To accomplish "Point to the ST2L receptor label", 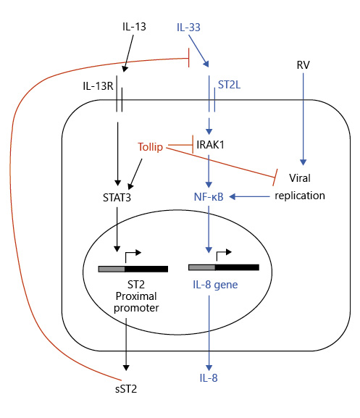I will point(230,85).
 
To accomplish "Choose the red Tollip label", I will point(153,146).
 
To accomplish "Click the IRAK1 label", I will point(210,146).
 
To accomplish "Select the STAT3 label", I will point(117,196).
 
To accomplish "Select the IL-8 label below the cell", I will point(210,378).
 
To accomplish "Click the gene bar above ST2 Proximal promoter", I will point(133,268).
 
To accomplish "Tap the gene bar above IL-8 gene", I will point(223,268).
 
